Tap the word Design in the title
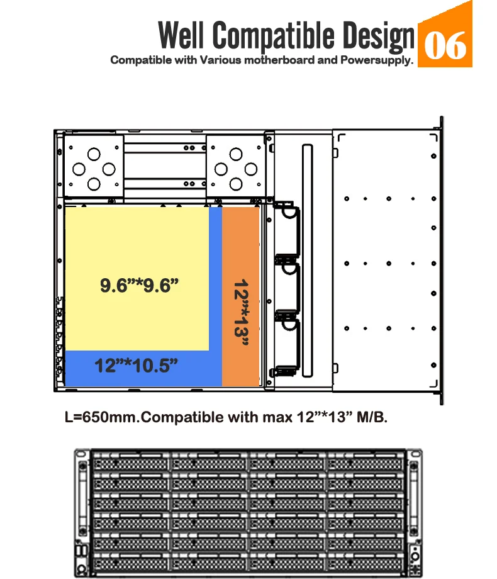377,37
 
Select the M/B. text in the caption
371,417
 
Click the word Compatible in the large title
274,37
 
